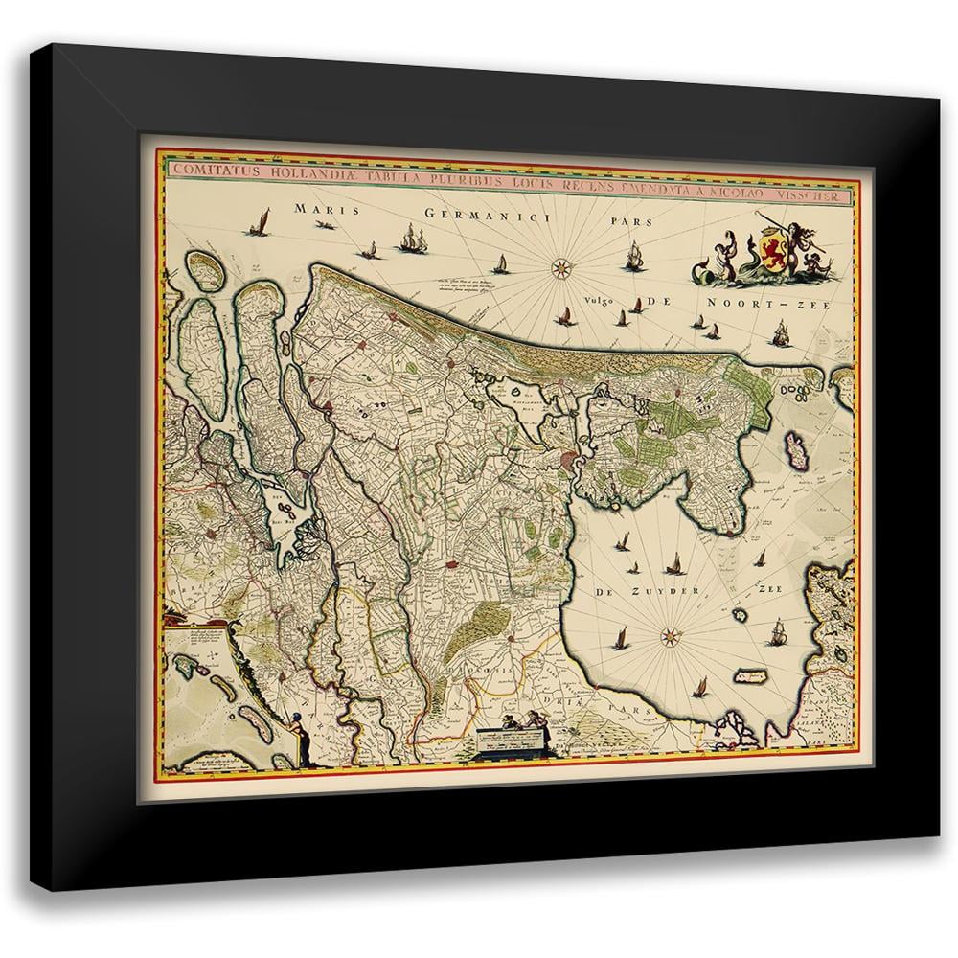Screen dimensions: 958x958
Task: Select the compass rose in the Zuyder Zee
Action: (x=671, y=633)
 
